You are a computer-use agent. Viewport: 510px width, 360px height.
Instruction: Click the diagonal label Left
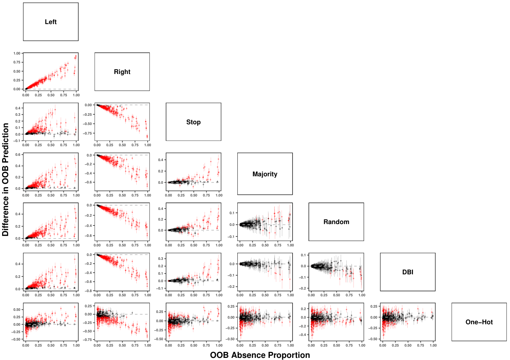click(x=51, y=22)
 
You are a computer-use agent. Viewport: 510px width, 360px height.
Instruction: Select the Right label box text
click(x=122, y=72)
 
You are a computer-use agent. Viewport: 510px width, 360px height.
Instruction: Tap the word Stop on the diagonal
click(x=193, y=122)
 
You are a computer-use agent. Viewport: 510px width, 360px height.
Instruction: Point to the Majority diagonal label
click(x=265, y=174)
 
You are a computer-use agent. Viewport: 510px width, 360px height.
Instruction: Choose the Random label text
click(x=336, y=222)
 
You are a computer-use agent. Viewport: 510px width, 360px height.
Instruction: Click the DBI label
click(x=408, y=272)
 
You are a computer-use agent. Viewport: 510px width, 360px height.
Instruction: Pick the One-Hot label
click(x=479, y=322)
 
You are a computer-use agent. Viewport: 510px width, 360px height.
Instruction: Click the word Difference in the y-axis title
click(x=5, y=212)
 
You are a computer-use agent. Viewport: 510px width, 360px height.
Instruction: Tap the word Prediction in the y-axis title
click(x=5, y=143)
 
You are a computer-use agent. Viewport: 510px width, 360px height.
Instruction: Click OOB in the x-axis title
click(x=219, y=355)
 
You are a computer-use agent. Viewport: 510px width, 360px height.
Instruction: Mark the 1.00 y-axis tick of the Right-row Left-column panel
click(x=17, y=53)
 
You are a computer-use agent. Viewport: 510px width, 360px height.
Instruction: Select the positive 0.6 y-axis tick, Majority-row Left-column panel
click(x=18, y=154)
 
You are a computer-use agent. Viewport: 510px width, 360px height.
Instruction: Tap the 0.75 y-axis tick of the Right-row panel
click(x=17, y=62)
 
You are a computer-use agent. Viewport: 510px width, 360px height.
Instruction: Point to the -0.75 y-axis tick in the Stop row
click(x=87, y=133)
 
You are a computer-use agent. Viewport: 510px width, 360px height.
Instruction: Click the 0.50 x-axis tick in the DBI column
click(x=408, y=345)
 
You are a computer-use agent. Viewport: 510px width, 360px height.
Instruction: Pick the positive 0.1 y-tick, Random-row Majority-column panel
click(x=232, y=213)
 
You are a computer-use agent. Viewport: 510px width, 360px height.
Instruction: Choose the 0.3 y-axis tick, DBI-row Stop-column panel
click(x=161, y=259)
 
